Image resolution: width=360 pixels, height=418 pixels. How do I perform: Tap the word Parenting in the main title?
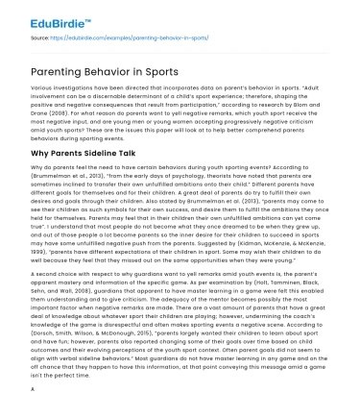point(51,71)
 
